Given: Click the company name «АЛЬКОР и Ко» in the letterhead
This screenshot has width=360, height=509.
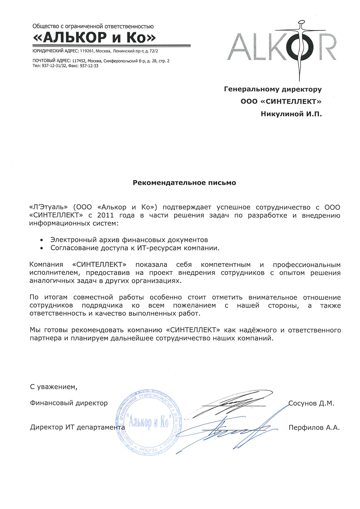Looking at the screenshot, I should (x=94, y=37).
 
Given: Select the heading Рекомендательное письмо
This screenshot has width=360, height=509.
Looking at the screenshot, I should (x=184, y=183).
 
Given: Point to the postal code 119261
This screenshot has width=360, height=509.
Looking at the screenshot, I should (x=88, y=51).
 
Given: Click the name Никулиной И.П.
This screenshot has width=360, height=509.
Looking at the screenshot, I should (x=291, y=114).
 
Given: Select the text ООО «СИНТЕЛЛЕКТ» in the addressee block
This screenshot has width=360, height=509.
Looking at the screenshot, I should (x=281, y=101).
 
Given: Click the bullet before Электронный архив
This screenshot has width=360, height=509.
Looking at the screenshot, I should (x=42, y=240).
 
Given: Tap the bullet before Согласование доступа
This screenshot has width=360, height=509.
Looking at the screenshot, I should (x=42, y=248).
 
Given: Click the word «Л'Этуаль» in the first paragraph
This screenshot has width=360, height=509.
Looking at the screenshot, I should (x=48, y=207).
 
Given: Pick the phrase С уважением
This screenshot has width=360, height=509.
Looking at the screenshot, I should (x=53, y=387).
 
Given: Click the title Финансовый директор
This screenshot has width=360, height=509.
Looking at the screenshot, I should (x=69, y=403).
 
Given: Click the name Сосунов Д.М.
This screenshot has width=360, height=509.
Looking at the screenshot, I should (x=311, y=403).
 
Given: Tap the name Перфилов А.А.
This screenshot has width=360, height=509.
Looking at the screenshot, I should (x=314, y=427).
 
